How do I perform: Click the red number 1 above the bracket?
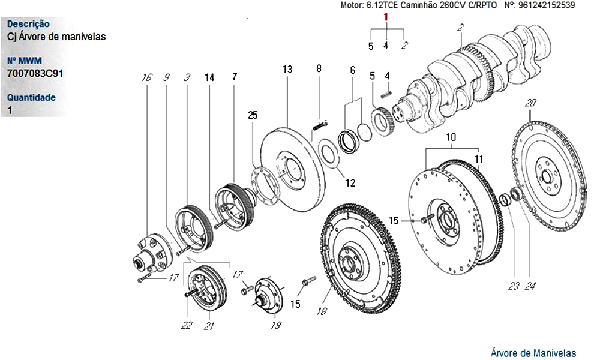[x=387, y=18]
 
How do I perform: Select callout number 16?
[x=145, y=77]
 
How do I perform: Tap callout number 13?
[x=287, y=70]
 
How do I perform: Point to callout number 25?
[x=253, y=115]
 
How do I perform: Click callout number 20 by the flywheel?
[x=530, y=102]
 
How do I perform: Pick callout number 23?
[x=513, y=286]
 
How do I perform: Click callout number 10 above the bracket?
[x=451, y=137]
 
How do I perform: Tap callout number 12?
[x=350, y=182]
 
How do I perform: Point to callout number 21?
[x=209, y=326]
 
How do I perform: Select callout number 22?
[x=187, y=326]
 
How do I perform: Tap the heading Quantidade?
[x=31, y=97]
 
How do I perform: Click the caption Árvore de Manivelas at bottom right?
[x=533, y=353]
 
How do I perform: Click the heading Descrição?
[x=28, y=24]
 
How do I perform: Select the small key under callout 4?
[x=386, y=92]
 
